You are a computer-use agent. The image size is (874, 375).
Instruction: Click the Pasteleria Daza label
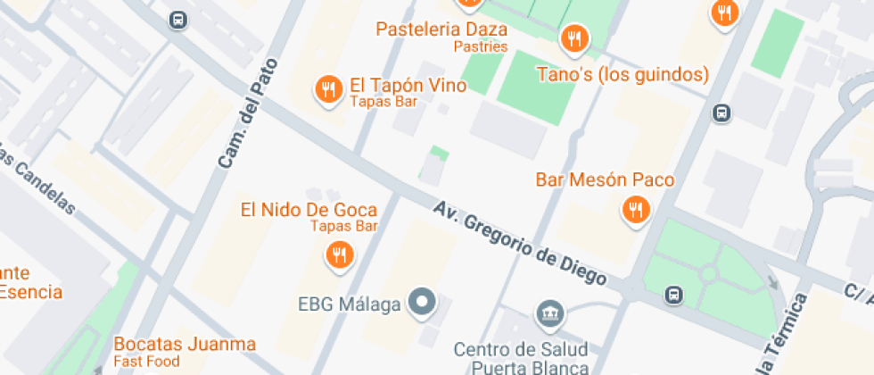441,29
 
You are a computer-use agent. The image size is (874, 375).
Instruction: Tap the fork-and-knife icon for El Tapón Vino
329,88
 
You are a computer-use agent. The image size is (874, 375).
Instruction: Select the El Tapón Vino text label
408,86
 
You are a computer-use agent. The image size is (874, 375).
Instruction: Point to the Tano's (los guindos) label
623,73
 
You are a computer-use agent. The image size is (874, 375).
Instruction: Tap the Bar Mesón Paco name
605,179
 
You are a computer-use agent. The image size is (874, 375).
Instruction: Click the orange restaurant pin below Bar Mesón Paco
635,210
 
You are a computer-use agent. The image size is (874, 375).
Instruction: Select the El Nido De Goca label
309,210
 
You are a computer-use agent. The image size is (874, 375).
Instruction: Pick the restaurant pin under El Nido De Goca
339,256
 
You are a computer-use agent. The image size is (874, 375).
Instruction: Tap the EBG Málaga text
349,304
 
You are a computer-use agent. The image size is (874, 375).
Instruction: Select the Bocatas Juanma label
185,344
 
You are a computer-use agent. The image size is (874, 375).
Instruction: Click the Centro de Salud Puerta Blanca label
521,357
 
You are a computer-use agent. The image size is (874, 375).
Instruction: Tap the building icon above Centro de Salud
548,313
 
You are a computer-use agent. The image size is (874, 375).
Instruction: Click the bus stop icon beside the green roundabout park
675,294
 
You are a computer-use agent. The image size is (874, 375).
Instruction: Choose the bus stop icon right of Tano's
721,113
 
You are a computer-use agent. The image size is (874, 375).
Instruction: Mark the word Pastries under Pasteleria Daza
480,46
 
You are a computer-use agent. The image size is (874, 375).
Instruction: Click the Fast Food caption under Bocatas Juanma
146,362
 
